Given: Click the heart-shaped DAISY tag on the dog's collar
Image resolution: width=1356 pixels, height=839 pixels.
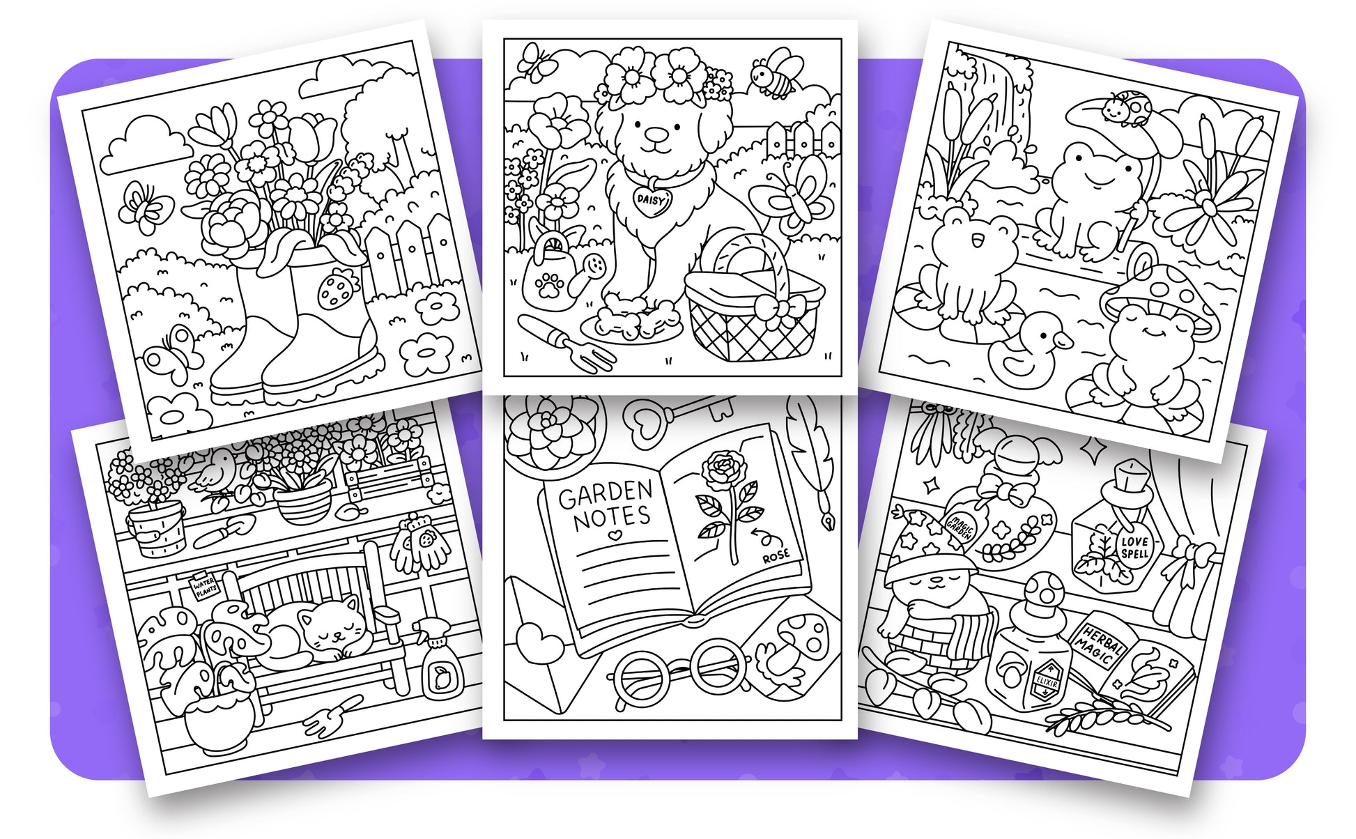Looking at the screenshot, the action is tap(652, 200).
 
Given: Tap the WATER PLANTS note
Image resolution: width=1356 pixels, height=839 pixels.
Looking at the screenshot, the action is tap(206, 587).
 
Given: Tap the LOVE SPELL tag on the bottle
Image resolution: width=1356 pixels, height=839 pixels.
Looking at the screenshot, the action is tap(1134, 547).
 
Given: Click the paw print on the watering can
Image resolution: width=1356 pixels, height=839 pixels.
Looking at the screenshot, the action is tap(550, 286).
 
